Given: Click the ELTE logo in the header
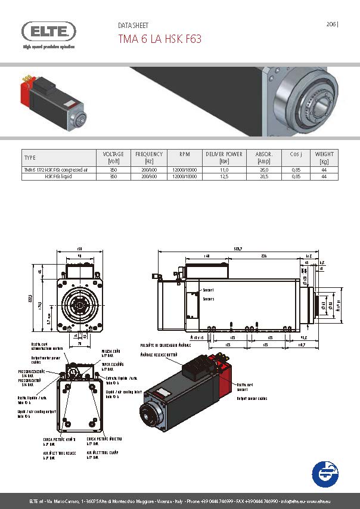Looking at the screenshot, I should (x=49, y=32).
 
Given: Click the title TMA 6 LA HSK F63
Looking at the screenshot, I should (x=160, y=39).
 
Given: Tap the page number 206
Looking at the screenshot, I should (x=331, y=24).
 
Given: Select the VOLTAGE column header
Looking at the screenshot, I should (x=113, y=157).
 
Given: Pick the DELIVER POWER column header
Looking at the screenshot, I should (x=224, y=157).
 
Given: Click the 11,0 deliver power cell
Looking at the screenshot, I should (x=224, y=170).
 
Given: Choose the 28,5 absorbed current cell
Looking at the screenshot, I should (x=264, y=176).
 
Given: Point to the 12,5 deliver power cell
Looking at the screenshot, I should (x=224, y=176).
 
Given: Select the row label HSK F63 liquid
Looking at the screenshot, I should (x=57, y=176).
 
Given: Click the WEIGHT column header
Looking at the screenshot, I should (x=324, y=157).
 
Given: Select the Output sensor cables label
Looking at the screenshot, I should (x=251, y=398).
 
